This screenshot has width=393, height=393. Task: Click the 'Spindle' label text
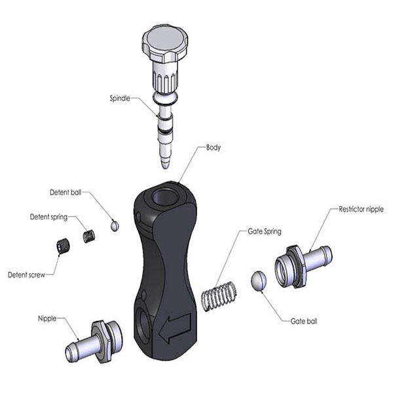click(123, 99)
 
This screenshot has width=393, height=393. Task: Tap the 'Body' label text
click(214, 148)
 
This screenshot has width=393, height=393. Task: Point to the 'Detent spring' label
click(50, 217)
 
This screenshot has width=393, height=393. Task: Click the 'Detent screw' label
click(27, 274)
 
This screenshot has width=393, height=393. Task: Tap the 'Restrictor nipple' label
click(361, 209)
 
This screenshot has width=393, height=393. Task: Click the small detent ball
click(115, 225)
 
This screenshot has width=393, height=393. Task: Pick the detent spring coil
click(88, 234)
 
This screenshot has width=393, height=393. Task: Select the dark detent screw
click(63, 248)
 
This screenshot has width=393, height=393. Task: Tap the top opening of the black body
click(162, 195)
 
